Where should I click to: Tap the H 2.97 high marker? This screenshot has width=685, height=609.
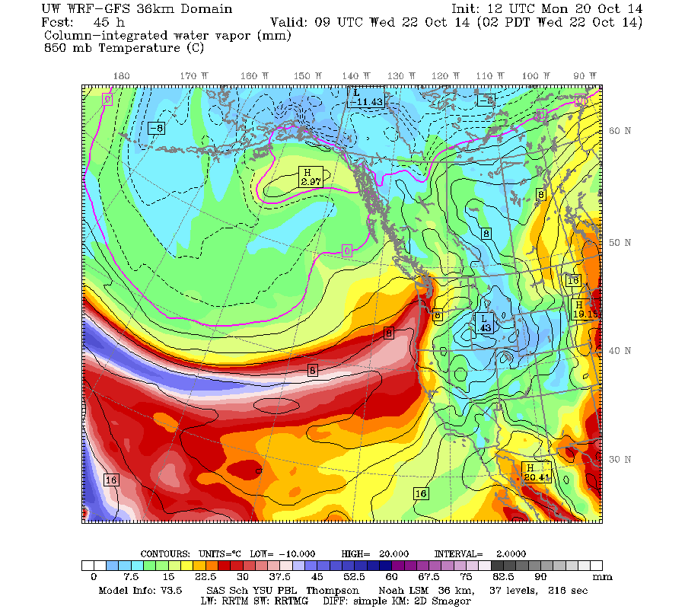pos(311,177)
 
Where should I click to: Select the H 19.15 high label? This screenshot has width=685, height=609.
pos(583,309)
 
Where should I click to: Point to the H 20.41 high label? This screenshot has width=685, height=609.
pos(536,472)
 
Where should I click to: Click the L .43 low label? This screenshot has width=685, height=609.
pos(484,323)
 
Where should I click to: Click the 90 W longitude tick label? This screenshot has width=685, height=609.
pos(585,76)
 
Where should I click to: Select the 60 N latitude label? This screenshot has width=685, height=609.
pos(620,130)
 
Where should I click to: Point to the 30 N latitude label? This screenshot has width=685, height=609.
pos(620,459)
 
